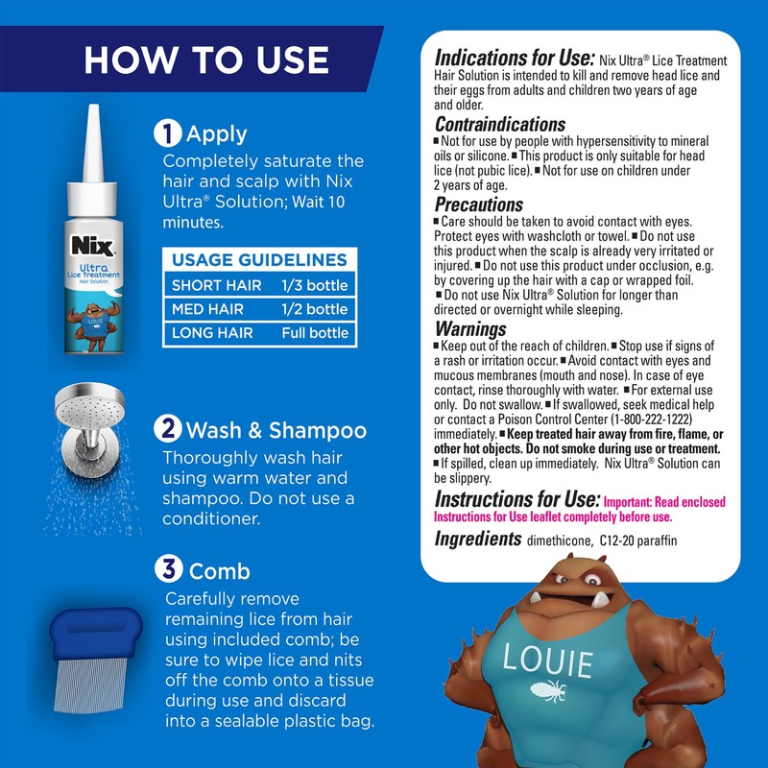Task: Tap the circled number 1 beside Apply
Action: click(x=169, y=134)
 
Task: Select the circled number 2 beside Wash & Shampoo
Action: click(x=169, y=429)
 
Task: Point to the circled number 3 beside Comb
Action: click(x=169, y=571)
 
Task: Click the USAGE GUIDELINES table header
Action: click(x=259, y=260)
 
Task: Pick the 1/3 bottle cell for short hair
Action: click(x=315, y=285)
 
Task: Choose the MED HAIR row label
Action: click(x=207, y=309)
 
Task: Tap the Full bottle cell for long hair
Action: click(x=315, y=334)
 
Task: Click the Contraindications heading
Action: click(x=500, y=124)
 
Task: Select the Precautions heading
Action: click(x=479, y=204)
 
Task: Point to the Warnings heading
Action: click(x=470, y=329)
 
